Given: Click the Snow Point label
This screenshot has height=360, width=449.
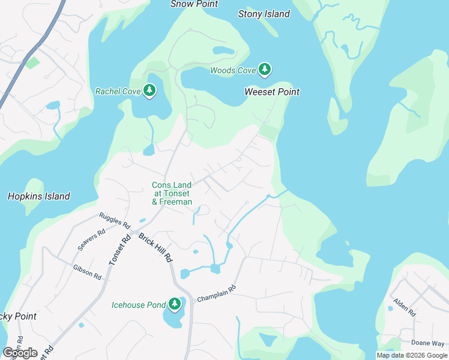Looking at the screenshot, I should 193,4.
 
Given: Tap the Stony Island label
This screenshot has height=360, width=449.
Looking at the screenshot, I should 264,14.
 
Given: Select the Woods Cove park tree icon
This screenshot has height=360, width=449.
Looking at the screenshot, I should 264,70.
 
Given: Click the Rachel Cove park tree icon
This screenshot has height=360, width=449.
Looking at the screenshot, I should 149,91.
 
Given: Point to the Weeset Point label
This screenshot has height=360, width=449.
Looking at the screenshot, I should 272,92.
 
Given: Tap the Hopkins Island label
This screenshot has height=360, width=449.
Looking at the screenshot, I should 39,196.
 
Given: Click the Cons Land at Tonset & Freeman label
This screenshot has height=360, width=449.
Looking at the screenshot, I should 172,194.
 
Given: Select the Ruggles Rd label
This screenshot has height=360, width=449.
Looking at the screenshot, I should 115,220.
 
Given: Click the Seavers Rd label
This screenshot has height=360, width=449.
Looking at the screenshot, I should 91,239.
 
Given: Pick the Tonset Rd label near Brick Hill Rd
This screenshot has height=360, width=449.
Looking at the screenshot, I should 121,251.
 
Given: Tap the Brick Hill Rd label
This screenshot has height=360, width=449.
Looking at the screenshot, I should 155,247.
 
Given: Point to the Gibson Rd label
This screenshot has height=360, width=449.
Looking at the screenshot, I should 87,271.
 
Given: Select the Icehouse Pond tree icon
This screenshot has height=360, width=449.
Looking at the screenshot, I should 175,305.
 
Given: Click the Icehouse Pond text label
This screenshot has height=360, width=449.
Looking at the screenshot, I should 139,305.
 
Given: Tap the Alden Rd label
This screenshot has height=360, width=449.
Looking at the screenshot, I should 404,307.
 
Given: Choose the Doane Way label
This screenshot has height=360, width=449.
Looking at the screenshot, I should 428,343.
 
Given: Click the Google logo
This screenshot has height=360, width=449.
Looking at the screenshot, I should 20,353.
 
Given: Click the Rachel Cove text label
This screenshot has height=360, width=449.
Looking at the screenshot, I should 118,92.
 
